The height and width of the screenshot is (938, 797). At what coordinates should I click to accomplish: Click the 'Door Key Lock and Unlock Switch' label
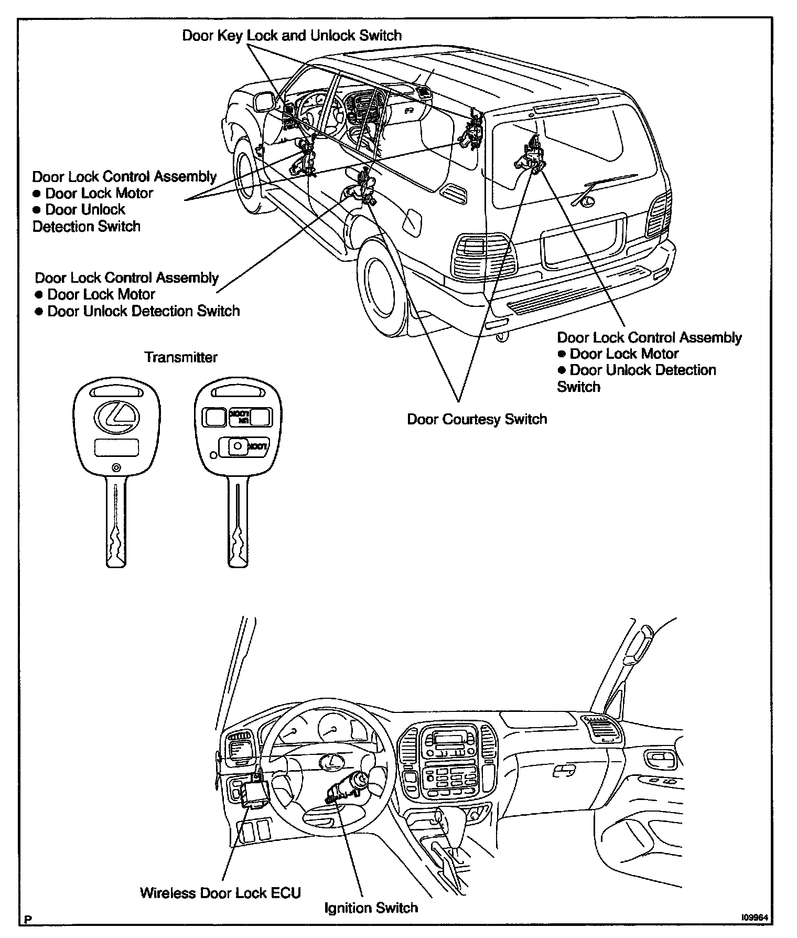coord(292,36)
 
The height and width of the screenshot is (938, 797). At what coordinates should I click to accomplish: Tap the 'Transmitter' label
coord(180,357)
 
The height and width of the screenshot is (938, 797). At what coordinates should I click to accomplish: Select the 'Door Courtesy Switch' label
coord(477,419)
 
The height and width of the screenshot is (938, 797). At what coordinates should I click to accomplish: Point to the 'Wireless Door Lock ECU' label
coord(220,893)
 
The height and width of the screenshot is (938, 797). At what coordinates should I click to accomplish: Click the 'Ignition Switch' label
coord(371,908)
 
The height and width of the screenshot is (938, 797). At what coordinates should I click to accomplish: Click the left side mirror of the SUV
coord(262,101)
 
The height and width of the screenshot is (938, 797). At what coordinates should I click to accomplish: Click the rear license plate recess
coord(582,243)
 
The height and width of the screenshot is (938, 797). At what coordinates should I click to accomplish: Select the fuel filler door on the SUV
coord(412,221)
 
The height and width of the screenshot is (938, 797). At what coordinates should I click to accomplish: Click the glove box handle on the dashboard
coord(564,771)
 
